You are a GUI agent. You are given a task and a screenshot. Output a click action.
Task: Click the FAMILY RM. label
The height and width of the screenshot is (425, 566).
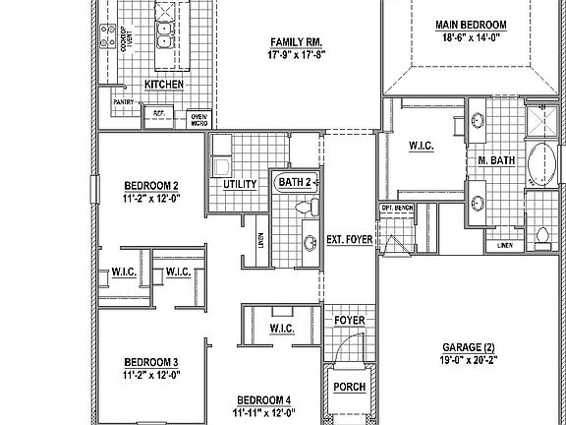pyautogui.click(x=298, y=41)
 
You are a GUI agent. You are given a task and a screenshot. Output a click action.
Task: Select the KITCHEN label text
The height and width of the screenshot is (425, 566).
pyautogui.click(x=164, y=85)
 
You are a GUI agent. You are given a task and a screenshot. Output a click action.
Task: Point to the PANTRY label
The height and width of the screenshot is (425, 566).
pyautogui.click(x=123, y=101)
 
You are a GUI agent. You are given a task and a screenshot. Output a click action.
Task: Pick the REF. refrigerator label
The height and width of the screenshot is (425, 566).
pyautogui.click(x=158, y=113)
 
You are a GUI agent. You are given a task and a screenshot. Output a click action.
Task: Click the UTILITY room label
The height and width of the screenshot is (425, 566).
pyautogui.click(x=240, y=184)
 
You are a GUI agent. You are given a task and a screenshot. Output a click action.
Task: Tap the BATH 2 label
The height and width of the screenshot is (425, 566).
pyautogui.click(x=295, y=182)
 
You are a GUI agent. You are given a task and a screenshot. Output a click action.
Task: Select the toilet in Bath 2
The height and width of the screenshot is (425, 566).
pyautogui.click(x=310, y=206)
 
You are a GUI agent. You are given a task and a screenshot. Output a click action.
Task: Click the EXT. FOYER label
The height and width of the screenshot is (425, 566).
pyautogui.click(x=350, y=239)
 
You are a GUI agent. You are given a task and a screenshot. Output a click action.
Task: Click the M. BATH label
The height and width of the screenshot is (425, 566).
pyautogui.click(x=497, y=160)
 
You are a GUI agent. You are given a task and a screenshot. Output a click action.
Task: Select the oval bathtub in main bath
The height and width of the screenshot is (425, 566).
pyautogui.click(x=540, y=164)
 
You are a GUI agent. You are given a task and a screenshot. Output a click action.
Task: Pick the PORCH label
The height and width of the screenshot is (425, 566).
pyautogui.click(x=349, y=388)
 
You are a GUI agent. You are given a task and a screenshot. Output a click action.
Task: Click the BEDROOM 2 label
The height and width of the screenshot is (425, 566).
pyautogui.click(x=150, y=185)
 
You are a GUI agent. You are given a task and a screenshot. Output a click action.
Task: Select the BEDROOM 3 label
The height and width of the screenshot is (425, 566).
pyautogui.click(x=150, y=361)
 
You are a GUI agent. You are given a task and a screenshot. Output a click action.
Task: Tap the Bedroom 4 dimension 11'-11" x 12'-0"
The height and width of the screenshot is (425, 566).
pyautogui.click(x=263, y=412)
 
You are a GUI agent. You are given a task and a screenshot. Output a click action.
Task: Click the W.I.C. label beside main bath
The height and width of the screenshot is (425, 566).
pyautogui.click(x=423, y=146)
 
